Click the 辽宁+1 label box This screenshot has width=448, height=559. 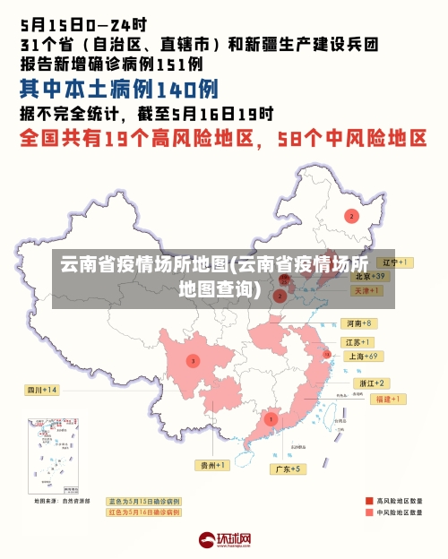(x=394, y=262)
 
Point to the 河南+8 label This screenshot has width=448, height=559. (x=358, y=322)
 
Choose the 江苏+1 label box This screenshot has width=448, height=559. (x=358, y=342)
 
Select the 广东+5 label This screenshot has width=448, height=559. (x=289, y=469)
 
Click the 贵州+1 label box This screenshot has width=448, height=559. (x=213, y=465)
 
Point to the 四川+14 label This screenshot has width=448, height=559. (x=42, y=390)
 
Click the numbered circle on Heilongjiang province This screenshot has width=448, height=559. (x=351, y=216)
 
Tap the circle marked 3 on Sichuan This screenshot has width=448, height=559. (x=192, y=361)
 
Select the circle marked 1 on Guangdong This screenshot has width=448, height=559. (x=271, y=418)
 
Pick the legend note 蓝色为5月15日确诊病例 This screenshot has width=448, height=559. (x=143, y=502)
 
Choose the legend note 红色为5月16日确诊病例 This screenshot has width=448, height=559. (x=143, y=512)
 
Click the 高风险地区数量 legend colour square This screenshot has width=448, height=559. (x=369, y=501)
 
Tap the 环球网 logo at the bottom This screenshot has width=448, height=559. (x=224, y=540)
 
